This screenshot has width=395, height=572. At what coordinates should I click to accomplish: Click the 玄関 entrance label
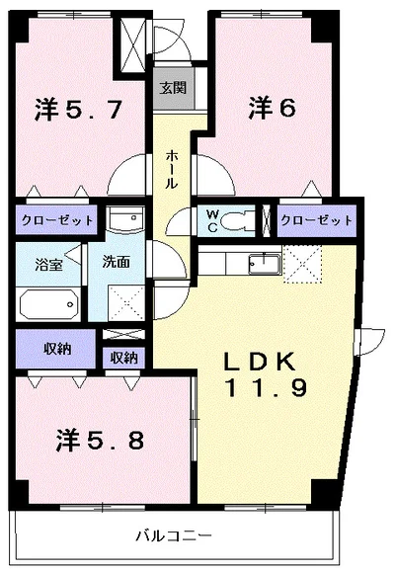[x=174, y=87]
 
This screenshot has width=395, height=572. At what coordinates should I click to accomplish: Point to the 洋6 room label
[x=272, y=107]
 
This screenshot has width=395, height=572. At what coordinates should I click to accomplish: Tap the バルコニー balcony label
[x=174, y=536]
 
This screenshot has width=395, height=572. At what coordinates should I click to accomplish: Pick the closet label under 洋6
[x=316, y=219]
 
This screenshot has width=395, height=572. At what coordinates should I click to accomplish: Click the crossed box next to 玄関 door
[x=132, y=40]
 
